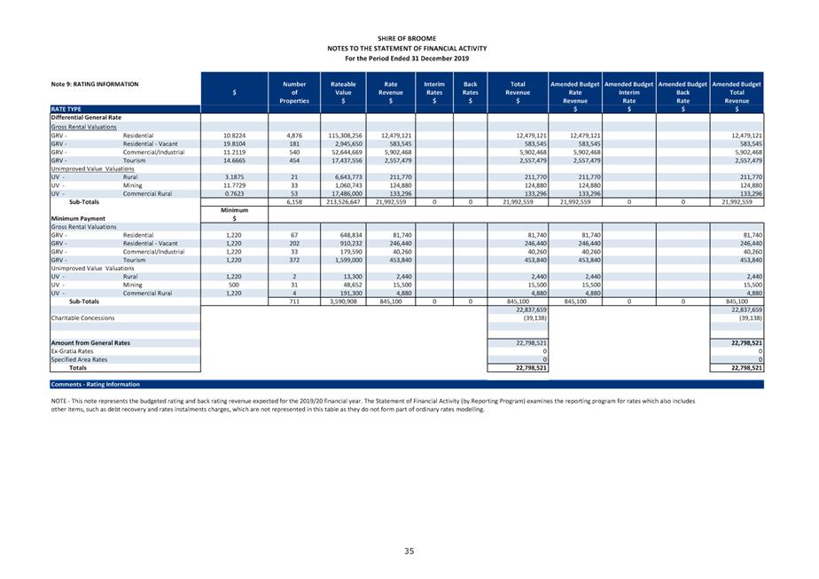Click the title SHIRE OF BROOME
406,39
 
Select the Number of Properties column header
294,92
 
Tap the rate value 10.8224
234,135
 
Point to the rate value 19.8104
234,144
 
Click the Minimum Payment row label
79,218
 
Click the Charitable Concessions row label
82,317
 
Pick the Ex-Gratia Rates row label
72,351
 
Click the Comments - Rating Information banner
95,385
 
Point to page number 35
409,551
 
